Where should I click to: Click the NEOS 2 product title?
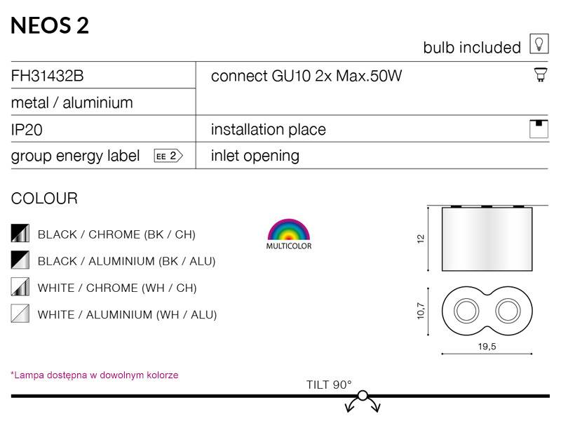[50, 25]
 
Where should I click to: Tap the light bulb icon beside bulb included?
[539, 44]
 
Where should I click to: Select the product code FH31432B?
[47, 76]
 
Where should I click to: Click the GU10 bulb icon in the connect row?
[541, 75]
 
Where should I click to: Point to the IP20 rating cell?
[27, 130]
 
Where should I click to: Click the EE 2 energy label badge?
[168, 156]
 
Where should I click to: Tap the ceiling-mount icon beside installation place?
[539, 129]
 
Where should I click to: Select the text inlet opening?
[255, 156]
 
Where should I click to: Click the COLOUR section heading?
[44, 199]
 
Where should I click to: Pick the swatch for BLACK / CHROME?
[20, 233]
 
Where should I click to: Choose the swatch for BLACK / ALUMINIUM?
[20, 260]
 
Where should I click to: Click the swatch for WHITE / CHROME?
[20, 287]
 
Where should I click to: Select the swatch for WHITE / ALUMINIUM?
[20, 313]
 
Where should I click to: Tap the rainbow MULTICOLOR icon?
[289, 234]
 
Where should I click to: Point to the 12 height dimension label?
[421, 239]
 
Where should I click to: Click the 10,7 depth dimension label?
[421, 311]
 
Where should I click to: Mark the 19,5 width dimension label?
[487, 346]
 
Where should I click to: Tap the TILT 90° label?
[329, 385]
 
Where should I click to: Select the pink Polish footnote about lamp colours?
[95, 375]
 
